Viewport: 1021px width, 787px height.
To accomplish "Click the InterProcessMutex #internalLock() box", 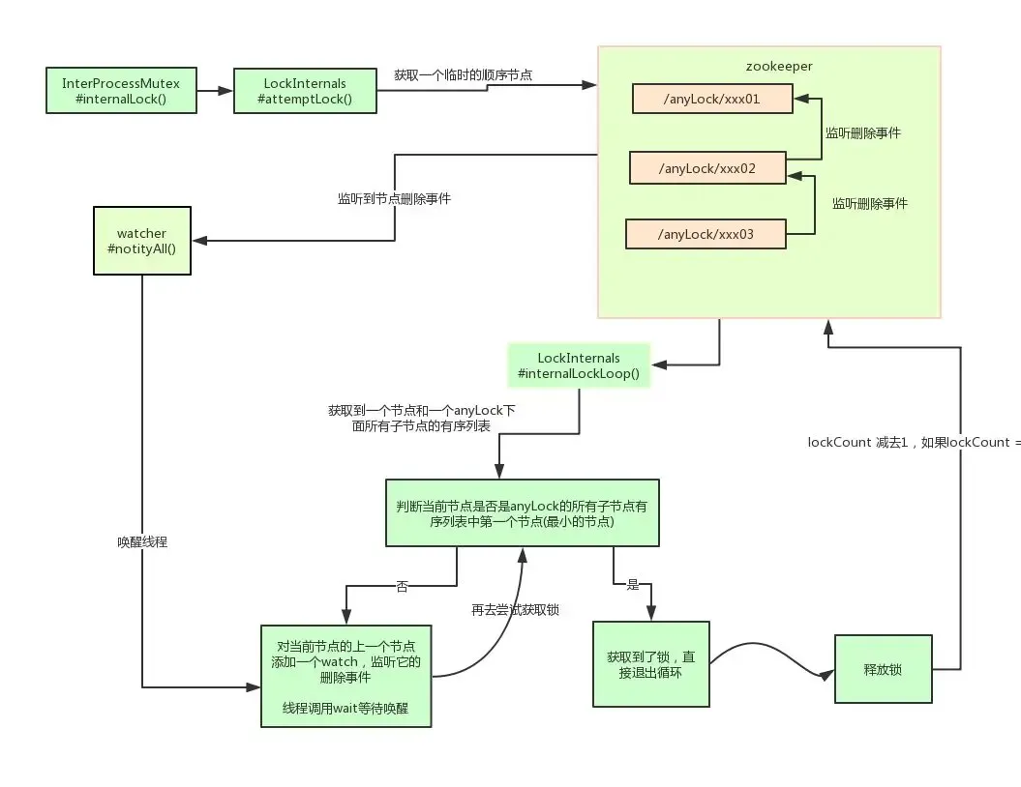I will click(122, 90).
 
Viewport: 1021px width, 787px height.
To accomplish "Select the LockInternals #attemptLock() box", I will click(305, 91).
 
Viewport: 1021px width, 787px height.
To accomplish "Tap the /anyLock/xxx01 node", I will click(712, 100).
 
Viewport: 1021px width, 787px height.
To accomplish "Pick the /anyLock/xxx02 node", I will click(706, 168).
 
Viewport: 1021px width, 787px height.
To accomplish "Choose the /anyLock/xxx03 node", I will click(705, 235).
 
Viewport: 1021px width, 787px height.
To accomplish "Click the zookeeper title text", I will click(778, 67).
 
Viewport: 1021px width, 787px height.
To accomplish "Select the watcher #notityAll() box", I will click(141, 241).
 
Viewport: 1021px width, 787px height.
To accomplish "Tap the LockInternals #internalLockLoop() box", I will click(579, 365).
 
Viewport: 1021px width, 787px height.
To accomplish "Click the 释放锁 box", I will click(883, 669).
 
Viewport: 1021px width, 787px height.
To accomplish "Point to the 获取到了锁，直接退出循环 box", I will click(650, 664).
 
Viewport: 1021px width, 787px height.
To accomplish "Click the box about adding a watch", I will click(345, 674).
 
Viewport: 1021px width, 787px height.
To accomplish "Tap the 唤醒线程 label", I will click(142, 542).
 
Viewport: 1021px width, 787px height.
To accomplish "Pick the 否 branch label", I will click(402, 586).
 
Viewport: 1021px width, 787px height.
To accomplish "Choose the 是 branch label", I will click(634, 585).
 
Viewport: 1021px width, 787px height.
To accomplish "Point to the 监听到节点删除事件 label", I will click(394, 199).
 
